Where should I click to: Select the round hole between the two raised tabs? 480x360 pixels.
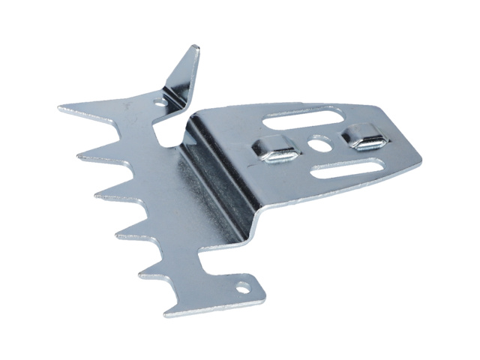(316, 142)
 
